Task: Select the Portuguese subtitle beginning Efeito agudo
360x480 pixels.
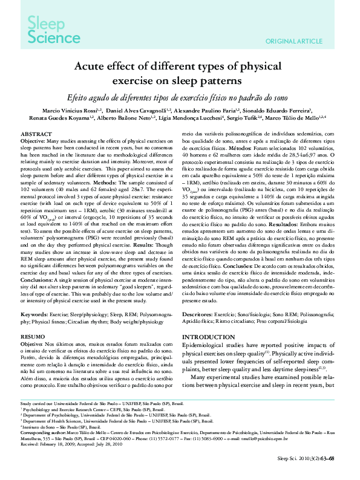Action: (x=179, y=96)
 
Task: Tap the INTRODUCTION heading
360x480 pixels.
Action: (x=209, y=337)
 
